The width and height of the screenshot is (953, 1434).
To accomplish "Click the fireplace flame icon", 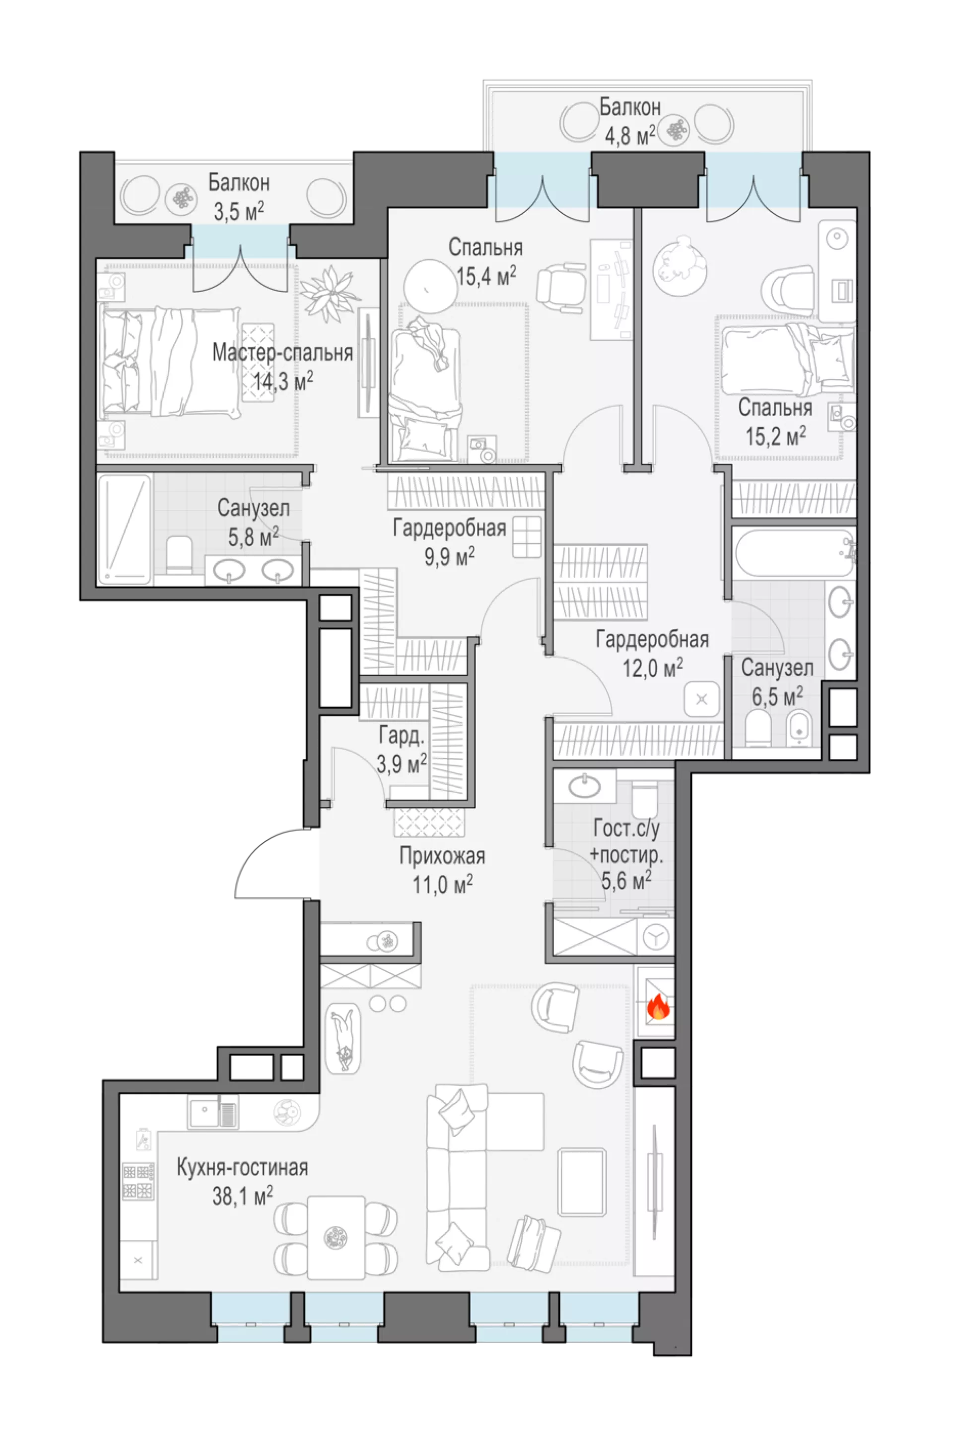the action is tap(658, 1008).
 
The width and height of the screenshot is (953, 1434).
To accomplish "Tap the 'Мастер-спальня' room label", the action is tap(282, 353).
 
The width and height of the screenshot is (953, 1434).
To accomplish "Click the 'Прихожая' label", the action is tap(442, 856).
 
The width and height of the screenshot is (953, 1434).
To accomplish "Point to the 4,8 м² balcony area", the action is tap(630, 136).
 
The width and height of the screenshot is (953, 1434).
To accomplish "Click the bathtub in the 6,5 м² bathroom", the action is tap(794, 552).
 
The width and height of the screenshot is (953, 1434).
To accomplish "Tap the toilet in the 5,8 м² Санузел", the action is tap(179, 553).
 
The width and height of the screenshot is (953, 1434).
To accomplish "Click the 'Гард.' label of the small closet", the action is tap(401, 736).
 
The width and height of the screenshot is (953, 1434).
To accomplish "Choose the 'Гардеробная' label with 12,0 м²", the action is tap(652, 639).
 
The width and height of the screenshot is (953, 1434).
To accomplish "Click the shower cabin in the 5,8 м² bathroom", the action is tap(125, 529).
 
